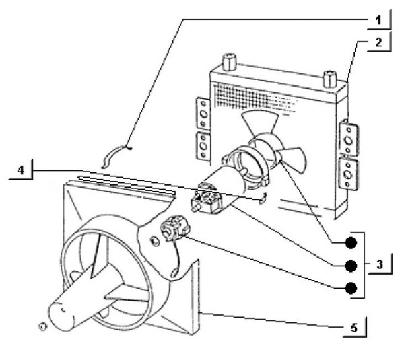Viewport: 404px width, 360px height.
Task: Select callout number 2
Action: point(379,42)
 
